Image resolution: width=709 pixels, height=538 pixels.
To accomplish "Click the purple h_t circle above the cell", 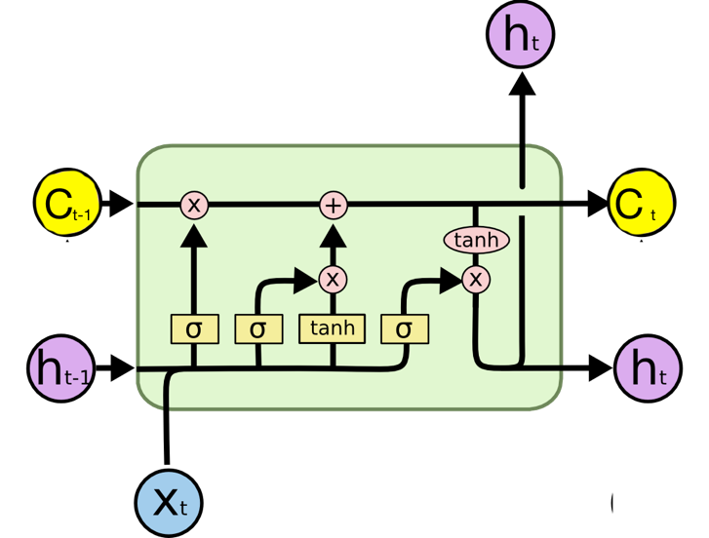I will click(x=520, y=35).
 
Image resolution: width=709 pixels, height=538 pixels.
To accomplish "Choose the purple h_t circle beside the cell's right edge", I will click(x=649, y=369).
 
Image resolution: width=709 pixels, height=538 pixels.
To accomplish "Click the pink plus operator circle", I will click(x=334, y=205).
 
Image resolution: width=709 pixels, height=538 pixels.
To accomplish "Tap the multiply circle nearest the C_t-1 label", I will click(x=194, y=205).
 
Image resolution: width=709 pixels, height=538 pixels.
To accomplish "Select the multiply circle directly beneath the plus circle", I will click(x=334, y=280).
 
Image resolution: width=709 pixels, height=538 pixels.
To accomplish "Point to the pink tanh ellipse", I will click(x=476, y=240).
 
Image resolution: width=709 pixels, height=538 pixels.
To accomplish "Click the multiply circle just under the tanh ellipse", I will click(x=476, y=280).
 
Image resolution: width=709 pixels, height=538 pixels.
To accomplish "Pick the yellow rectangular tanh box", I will click(x=333, y=328).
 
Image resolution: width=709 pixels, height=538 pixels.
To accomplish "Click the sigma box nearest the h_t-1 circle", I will click(x=194, y=328).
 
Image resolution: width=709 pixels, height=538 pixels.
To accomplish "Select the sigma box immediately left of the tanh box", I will click(x=257, y=328).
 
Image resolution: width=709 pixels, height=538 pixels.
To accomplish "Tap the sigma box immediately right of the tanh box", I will click(x=405, y=328).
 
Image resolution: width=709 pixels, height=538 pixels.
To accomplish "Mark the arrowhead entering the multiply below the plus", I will click(x=307, y=280).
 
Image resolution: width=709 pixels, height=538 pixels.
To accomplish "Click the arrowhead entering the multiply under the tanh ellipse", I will click(x=450, y=281).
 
